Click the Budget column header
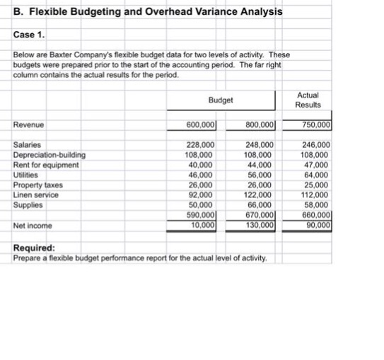tap(221, 100)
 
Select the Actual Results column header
tap(308, 100)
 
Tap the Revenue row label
tap(29, 125)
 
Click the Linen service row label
tap(36, 194)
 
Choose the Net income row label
tap(33, 226)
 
